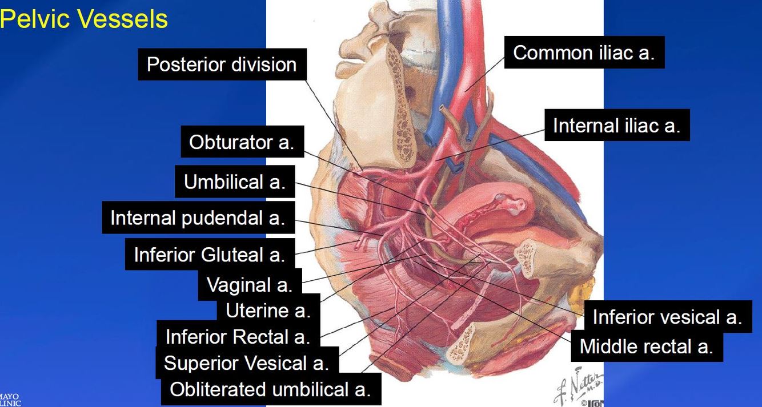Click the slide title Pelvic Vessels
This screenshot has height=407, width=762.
pyautogui.click(x=84, y=19)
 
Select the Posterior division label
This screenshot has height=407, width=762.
pyautogui.click(x=222, y=64)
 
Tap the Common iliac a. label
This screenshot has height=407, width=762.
pyautogui.click(x=584, y=53)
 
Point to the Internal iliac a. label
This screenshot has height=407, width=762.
pyautogui.click(x=616, y=125)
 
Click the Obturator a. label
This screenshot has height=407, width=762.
pyautogui.click(x=241, y=142)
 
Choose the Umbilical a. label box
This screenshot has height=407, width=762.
pyautogui.click(x=234, y=182)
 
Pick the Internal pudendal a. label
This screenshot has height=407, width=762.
pyautogui.click(x=198, y=217)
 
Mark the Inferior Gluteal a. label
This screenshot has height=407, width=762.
pyautogui.click(x=209, y=255)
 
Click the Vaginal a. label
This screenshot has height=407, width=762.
pyautogui.click(x=249, y=284)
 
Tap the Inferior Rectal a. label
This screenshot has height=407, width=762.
pyautogui.click(x=238, y=337)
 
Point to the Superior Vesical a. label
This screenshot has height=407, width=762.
pyautogui.click(x=246, y=363)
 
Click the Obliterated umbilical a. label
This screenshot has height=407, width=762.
pyautogui.click(x=270, y=389)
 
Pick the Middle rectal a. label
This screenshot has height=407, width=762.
pyautogui.click(x=646, y=346)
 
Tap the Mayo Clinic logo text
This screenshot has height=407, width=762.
pyautogui.click(x=10, y=399)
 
